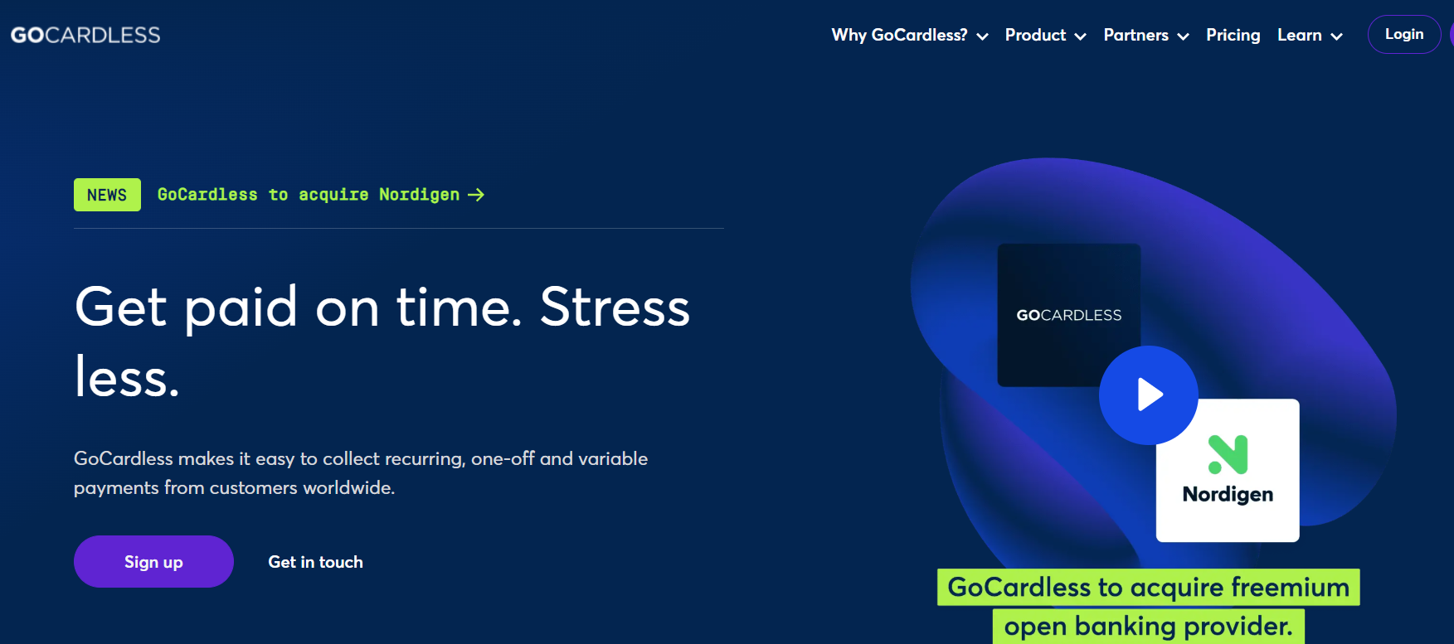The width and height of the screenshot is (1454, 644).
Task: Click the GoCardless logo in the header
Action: [85, 35]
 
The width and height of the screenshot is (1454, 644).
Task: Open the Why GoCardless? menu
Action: [910, 35]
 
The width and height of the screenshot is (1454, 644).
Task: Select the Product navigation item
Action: [1045, 35]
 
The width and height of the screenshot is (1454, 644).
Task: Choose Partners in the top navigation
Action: [1146, 35]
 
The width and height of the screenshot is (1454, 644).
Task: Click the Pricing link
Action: [1233, 35]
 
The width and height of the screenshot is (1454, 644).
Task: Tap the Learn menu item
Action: [1310, 35]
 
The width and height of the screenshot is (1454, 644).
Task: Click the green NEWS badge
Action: [107, 195]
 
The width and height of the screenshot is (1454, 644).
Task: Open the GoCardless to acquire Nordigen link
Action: [321, 195]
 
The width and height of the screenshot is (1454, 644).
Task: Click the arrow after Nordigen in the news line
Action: [476, 195]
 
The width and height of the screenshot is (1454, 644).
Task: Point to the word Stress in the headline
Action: [615, 307]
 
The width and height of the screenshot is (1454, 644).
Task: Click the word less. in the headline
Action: [127, 377]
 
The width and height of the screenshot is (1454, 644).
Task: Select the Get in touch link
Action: [315, 562]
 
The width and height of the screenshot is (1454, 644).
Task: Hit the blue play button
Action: [1149, 395]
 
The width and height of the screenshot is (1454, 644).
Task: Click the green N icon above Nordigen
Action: [1228, 454]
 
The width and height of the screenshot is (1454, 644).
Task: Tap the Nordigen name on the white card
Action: [1228, 495]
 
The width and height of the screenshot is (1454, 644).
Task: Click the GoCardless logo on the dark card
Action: [1069, 315]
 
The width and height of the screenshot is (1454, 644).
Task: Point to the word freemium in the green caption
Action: [1290, 588]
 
